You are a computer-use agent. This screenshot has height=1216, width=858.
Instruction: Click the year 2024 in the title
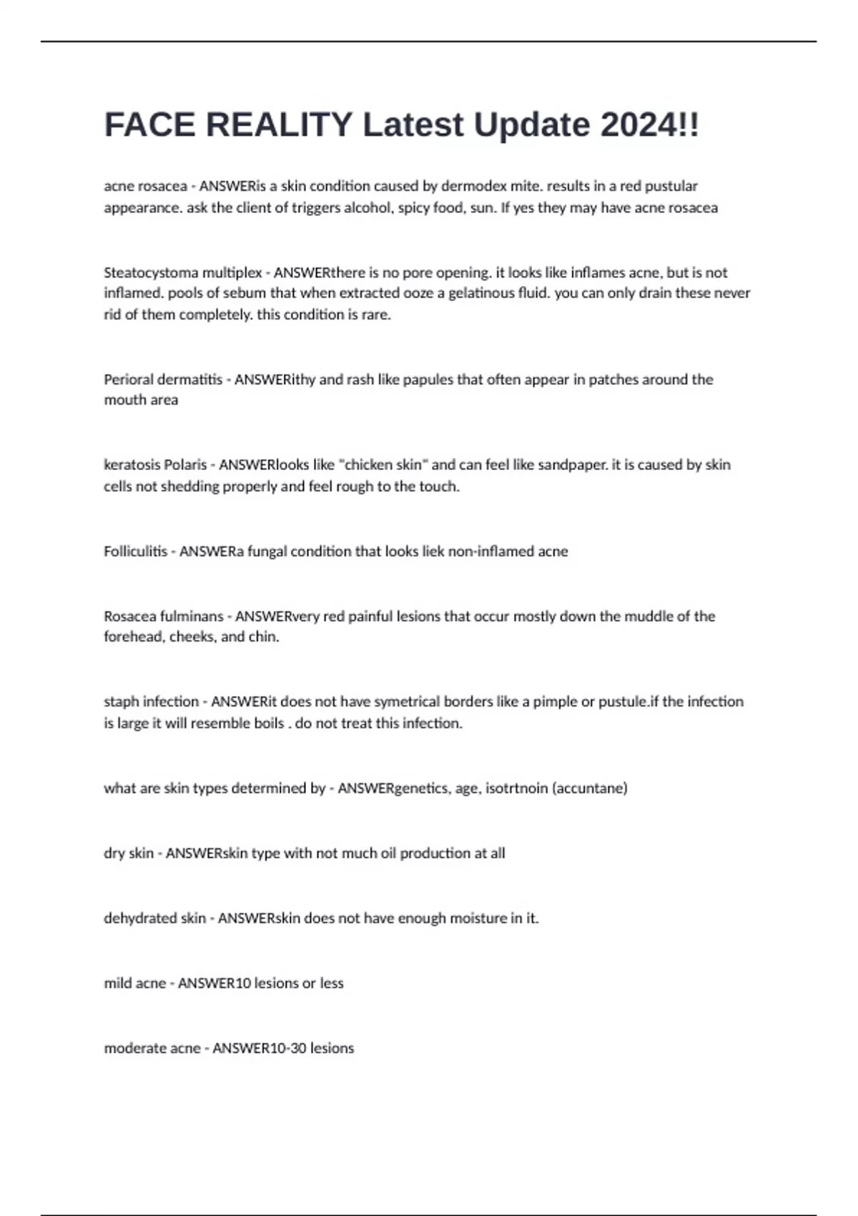[x=639, y=125]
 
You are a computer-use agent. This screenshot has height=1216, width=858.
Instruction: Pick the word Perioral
[x=129, y=379]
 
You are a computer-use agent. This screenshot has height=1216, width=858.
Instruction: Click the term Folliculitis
[x=135, y=551]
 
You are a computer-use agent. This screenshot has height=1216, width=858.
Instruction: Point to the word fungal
[x=267, y=551]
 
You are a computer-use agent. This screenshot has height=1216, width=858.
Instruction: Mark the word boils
[x=269, y=723]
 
